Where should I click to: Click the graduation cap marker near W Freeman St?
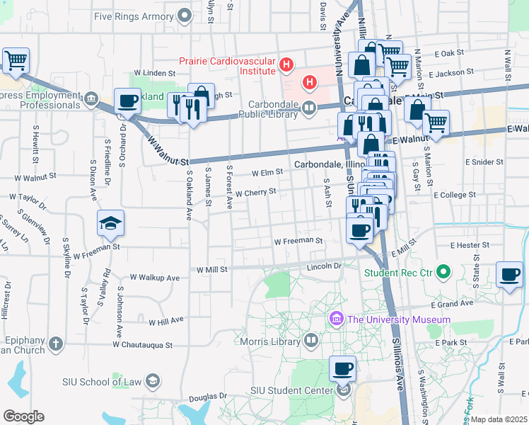click(x=110, y=224)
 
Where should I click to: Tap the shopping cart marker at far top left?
click(x=16, y=60)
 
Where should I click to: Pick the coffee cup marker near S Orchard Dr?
click(x=127, y=101)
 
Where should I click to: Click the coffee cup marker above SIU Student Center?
click(x=343, y=368)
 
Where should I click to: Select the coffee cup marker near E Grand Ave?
click(x=509, y=274)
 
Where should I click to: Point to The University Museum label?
click(x=399, y=319)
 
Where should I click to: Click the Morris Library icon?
click(x=312, y=341)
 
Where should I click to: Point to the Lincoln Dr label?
click(x=325, y=266)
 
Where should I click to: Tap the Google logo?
click(x=23, y=416)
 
